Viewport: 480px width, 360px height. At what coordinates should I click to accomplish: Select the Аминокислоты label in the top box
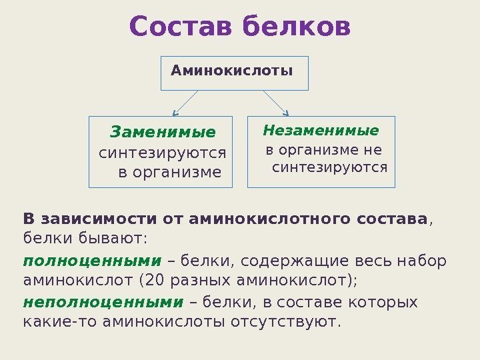pos(232,69)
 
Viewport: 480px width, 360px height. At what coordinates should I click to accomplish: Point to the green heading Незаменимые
pos(321,130)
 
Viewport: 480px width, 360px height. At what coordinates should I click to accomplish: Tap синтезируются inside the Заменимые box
pos(163,153)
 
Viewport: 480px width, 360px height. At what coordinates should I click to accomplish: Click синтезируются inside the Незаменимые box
pos(330,167)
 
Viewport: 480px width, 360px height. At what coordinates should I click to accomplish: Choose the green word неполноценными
pos(103,303)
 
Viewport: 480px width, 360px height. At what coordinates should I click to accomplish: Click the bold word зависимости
pos(111,219)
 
